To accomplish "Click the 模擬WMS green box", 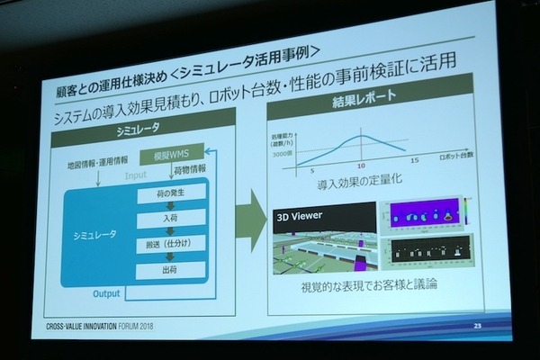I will click(171, 154).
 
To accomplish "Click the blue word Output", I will click(107, 293).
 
